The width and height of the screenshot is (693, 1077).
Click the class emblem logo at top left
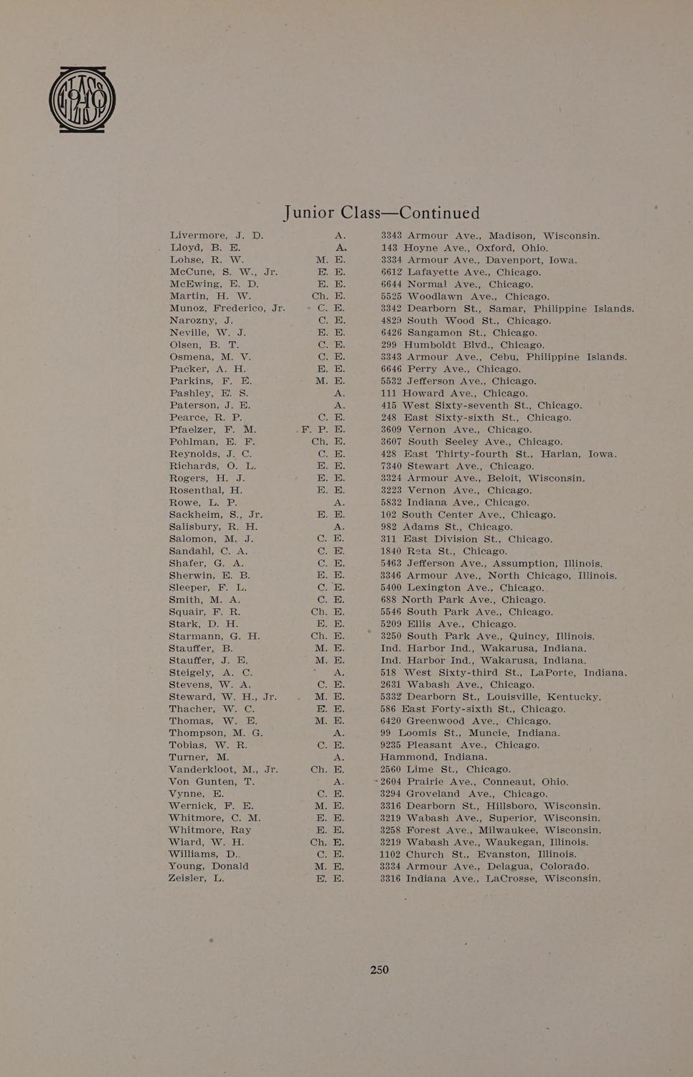[82, 100]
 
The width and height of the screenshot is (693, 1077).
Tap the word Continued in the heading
[439, 213]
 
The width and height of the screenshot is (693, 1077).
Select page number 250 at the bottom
[379, 970]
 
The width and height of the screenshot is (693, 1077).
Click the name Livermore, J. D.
[217, 236]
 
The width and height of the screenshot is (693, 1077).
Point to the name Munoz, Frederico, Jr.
[227, 309]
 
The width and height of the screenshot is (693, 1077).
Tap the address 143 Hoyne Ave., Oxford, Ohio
[464, 248]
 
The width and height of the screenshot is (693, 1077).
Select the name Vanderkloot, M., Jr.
[223, 770]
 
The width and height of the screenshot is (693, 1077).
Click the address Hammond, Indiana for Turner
[433, 757]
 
